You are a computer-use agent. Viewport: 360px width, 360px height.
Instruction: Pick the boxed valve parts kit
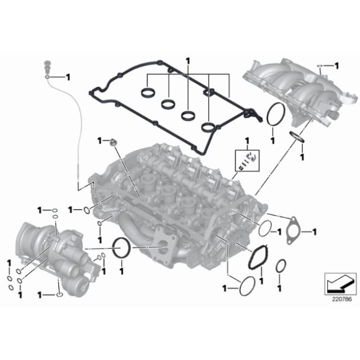click(246, 160)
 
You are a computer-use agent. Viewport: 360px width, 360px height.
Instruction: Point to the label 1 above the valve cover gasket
click(188, 61)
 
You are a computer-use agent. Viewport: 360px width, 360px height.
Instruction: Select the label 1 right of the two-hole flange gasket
click(314, 232)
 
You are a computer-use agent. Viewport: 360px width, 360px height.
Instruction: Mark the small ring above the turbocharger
click(56, 210)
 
